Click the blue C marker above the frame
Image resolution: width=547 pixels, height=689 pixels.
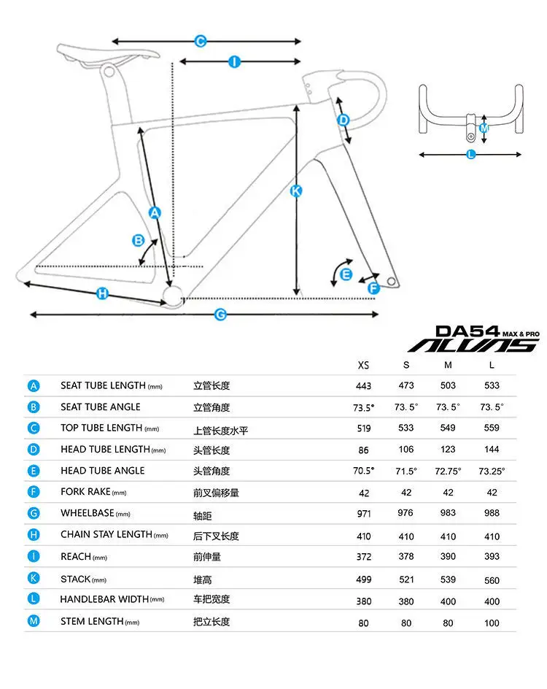pos(201,42)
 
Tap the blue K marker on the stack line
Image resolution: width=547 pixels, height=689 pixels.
pos(296,191)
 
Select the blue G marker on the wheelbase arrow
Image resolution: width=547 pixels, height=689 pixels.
pos(220,315)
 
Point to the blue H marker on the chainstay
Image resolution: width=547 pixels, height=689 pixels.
pos(102,293)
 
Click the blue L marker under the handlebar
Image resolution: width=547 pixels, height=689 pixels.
pos(470,154)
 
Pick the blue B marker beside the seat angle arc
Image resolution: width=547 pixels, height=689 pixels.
pos(139,240)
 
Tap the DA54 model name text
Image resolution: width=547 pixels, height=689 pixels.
pos(468,331)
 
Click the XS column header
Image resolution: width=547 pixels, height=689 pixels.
pos(363,365)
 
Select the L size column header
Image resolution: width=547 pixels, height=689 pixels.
pos(492,365)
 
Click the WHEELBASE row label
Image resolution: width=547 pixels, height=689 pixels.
pos(88,513)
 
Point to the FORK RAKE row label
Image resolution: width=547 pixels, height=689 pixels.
pos(85,492)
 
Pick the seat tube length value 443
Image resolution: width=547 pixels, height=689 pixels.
pos(363,386)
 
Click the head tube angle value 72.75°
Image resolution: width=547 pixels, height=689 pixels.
pos(448,471)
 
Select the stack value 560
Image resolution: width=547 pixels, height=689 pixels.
pos(492,580)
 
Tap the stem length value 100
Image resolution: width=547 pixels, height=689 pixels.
pos(492,623)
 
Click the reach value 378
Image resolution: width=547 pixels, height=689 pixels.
pos(406,556)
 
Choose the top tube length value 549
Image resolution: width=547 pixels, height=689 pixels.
pos(448,428)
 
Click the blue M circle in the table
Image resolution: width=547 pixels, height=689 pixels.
pos(34,621)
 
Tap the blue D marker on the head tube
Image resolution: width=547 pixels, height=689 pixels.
pos(344,120)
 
